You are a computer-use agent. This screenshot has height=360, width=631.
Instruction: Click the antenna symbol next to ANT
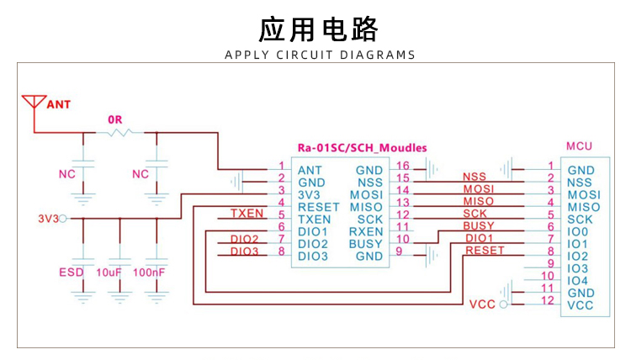[34, 102]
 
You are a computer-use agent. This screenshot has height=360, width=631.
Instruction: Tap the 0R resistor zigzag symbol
[120, 132]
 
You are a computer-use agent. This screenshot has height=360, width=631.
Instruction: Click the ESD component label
[72, 273]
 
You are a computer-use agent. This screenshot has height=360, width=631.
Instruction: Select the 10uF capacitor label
[109, 273]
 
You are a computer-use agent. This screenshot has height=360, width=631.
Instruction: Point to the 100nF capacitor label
[149, 273]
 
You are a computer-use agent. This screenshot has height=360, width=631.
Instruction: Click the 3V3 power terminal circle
[63, 219]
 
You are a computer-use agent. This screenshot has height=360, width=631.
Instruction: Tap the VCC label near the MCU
[482, 304]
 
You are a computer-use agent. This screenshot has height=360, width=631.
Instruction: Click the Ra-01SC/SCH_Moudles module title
[362, 148]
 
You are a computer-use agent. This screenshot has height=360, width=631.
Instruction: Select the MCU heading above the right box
[579, 146]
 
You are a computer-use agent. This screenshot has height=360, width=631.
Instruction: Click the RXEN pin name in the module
[366, 231]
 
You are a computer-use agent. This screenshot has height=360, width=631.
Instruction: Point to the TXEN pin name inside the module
[315, 220]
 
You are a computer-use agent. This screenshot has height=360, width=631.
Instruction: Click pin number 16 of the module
[403, 166]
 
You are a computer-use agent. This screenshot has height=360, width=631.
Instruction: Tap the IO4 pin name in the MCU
[577, 281]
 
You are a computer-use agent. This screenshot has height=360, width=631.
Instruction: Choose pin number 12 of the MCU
[548, 300]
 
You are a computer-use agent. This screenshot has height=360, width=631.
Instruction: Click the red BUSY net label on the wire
[479, 225]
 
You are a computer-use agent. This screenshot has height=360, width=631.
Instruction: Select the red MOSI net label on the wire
[479, 188]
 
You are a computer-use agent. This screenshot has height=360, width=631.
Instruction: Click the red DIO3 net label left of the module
[244, 251]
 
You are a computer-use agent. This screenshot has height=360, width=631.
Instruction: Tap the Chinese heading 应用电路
[318, 29]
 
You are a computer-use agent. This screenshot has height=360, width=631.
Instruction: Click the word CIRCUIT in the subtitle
[305, 55]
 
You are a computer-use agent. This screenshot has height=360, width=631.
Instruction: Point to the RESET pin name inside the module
[319, 207]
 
